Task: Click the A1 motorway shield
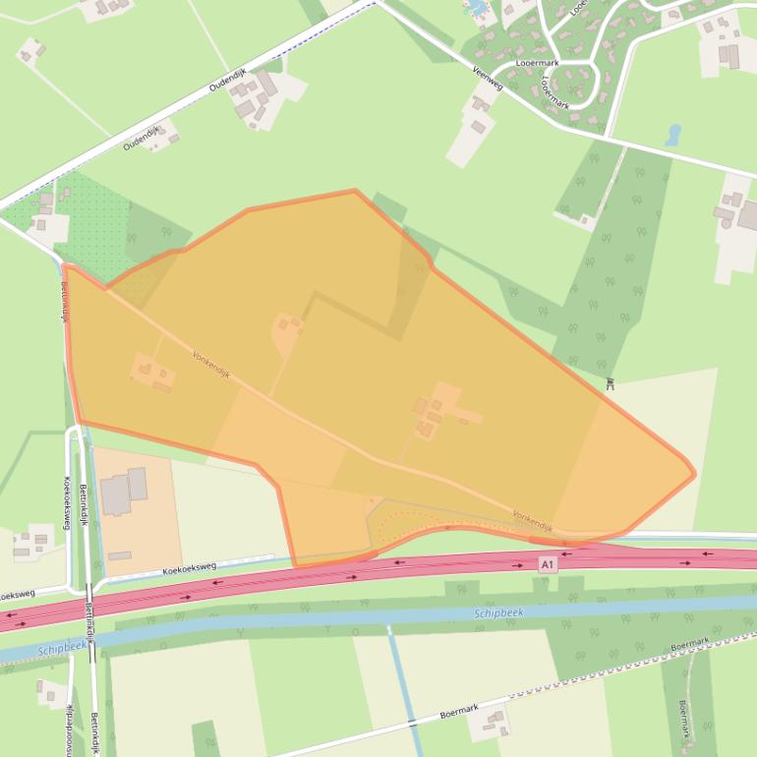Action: coord(548,564)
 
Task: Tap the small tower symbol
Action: coord(610,383)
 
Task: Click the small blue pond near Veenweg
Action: coord(673,135)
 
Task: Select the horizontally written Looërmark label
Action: coord(537,62)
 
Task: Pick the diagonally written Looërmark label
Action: coord(553,90)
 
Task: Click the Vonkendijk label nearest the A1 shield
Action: coord(532,521)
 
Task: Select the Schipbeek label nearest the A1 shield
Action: coord(498,612)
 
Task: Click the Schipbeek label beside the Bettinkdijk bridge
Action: coord(63,650)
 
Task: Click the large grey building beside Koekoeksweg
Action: coord(124,492)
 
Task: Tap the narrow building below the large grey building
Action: coord(120,556)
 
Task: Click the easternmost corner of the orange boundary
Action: coord(694,474)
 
